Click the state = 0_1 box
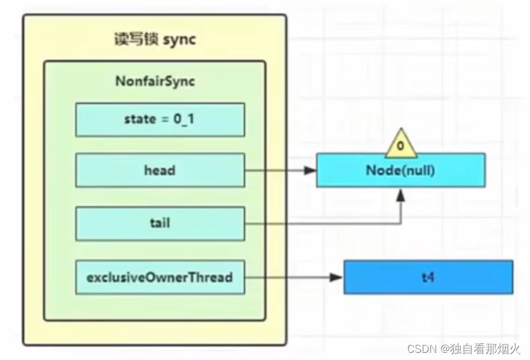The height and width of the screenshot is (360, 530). coord(160,119)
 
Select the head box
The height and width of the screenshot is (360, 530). coord(160,170)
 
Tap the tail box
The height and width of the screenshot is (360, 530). coord(160,223)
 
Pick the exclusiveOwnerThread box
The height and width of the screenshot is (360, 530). coord(160,277)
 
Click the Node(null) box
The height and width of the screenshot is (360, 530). coord(401,170)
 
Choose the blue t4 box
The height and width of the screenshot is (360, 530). coord(428,277)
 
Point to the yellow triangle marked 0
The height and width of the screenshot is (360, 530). coord(401,144)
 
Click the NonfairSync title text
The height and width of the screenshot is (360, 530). coord(155,81)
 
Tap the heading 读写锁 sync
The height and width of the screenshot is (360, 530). coord(154,40)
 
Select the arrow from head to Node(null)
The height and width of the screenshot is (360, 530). coord(279,170)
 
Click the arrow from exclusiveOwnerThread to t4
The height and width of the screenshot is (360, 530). coord(294,277)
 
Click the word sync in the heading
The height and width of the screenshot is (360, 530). coord(179,40)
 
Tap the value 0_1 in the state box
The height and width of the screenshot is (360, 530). coord(186,119)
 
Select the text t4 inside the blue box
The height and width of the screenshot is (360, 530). coord(428,277)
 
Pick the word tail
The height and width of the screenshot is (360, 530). coord(160,223)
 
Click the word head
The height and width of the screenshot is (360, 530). coord(160,170)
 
